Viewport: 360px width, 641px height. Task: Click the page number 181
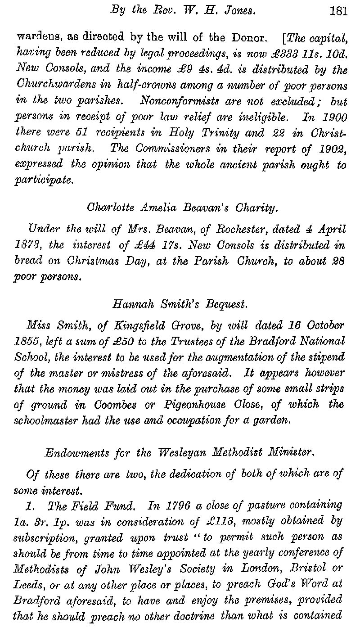point(338,11)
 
